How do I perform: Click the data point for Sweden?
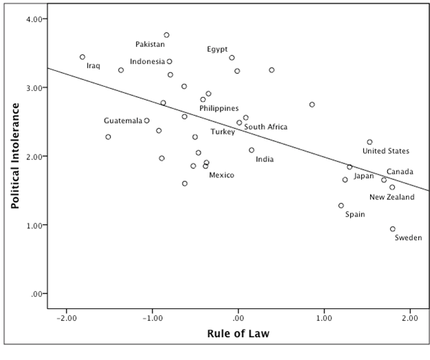click(393, 229)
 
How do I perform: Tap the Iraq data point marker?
click(83, 57)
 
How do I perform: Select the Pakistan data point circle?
click(167, 35)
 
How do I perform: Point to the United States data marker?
click(369, 142)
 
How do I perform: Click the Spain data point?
click(341, 206)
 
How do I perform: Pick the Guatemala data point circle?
click(147, 121)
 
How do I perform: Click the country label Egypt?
click(217, 50)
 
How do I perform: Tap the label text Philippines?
click(219, 108)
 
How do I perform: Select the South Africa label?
click(266, 127)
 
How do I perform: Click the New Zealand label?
click(391, 197)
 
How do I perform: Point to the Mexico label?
click(221, 175)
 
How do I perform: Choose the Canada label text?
click(400, 172)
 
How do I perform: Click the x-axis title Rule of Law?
click(238, 335)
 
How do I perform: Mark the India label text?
click(265, 160)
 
